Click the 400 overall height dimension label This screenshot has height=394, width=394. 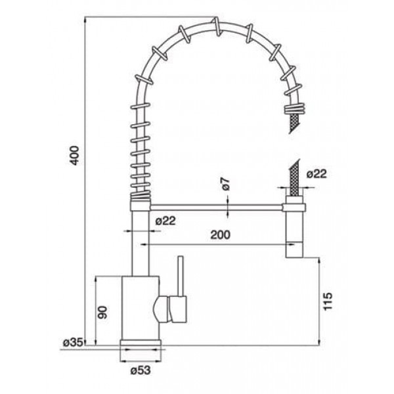coord(75,156)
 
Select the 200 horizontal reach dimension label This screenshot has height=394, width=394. coord(220,234)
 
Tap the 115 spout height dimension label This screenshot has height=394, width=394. coord(327,301)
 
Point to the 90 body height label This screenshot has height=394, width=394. coord(102,313)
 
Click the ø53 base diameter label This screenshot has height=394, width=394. coord(141,370)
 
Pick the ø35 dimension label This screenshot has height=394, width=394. coord(73,342)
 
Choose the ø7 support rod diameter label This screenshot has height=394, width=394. coord(225,184)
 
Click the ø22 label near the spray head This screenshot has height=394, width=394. coord(317,173)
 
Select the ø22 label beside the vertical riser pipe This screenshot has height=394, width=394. coord(165,221)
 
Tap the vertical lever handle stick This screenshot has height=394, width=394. coord(181,276)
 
